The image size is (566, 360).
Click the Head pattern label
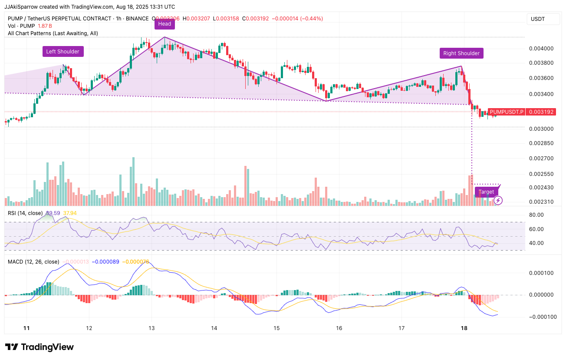[165, 24]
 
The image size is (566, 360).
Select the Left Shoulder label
[63, 52]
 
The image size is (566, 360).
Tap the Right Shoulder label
[461, 53]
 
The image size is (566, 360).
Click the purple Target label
[486, 192]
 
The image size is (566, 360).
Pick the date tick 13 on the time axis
[151, 327]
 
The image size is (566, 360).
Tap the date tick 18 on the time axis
[464, 327]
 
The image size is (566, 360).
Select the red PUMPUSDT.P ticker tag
[507, 112]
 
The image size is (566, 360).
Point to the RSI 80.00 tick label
[536, 215]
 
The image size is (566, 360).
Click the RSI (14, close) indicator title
[25, 213]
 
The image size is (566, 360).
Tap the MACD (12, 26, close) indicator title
[34, 262]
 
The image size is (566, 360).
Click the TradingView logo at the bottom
[39, 347]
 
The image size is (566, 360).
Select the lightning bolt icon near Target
[498, 200]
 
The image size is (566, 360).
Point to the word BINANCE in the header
[137, 19]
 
